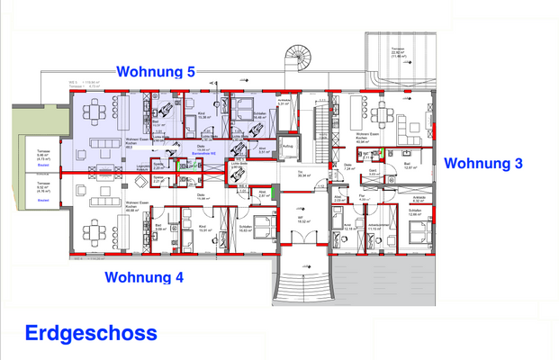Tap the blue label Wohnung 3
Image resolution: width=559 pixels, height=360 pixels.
click(x=483, y=163)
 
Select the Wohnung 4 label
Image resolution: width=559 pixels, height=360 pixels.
click(x=144, y=276)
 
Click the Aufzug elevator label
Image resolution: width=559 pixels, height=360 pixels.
click(x=287, y=146)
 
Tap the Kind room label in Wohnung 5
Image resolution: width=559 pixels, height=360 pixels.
click(x=203, y=116)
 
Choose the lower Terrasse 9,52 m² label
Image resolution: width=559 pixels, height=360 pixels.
click(x=41, y=188)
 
